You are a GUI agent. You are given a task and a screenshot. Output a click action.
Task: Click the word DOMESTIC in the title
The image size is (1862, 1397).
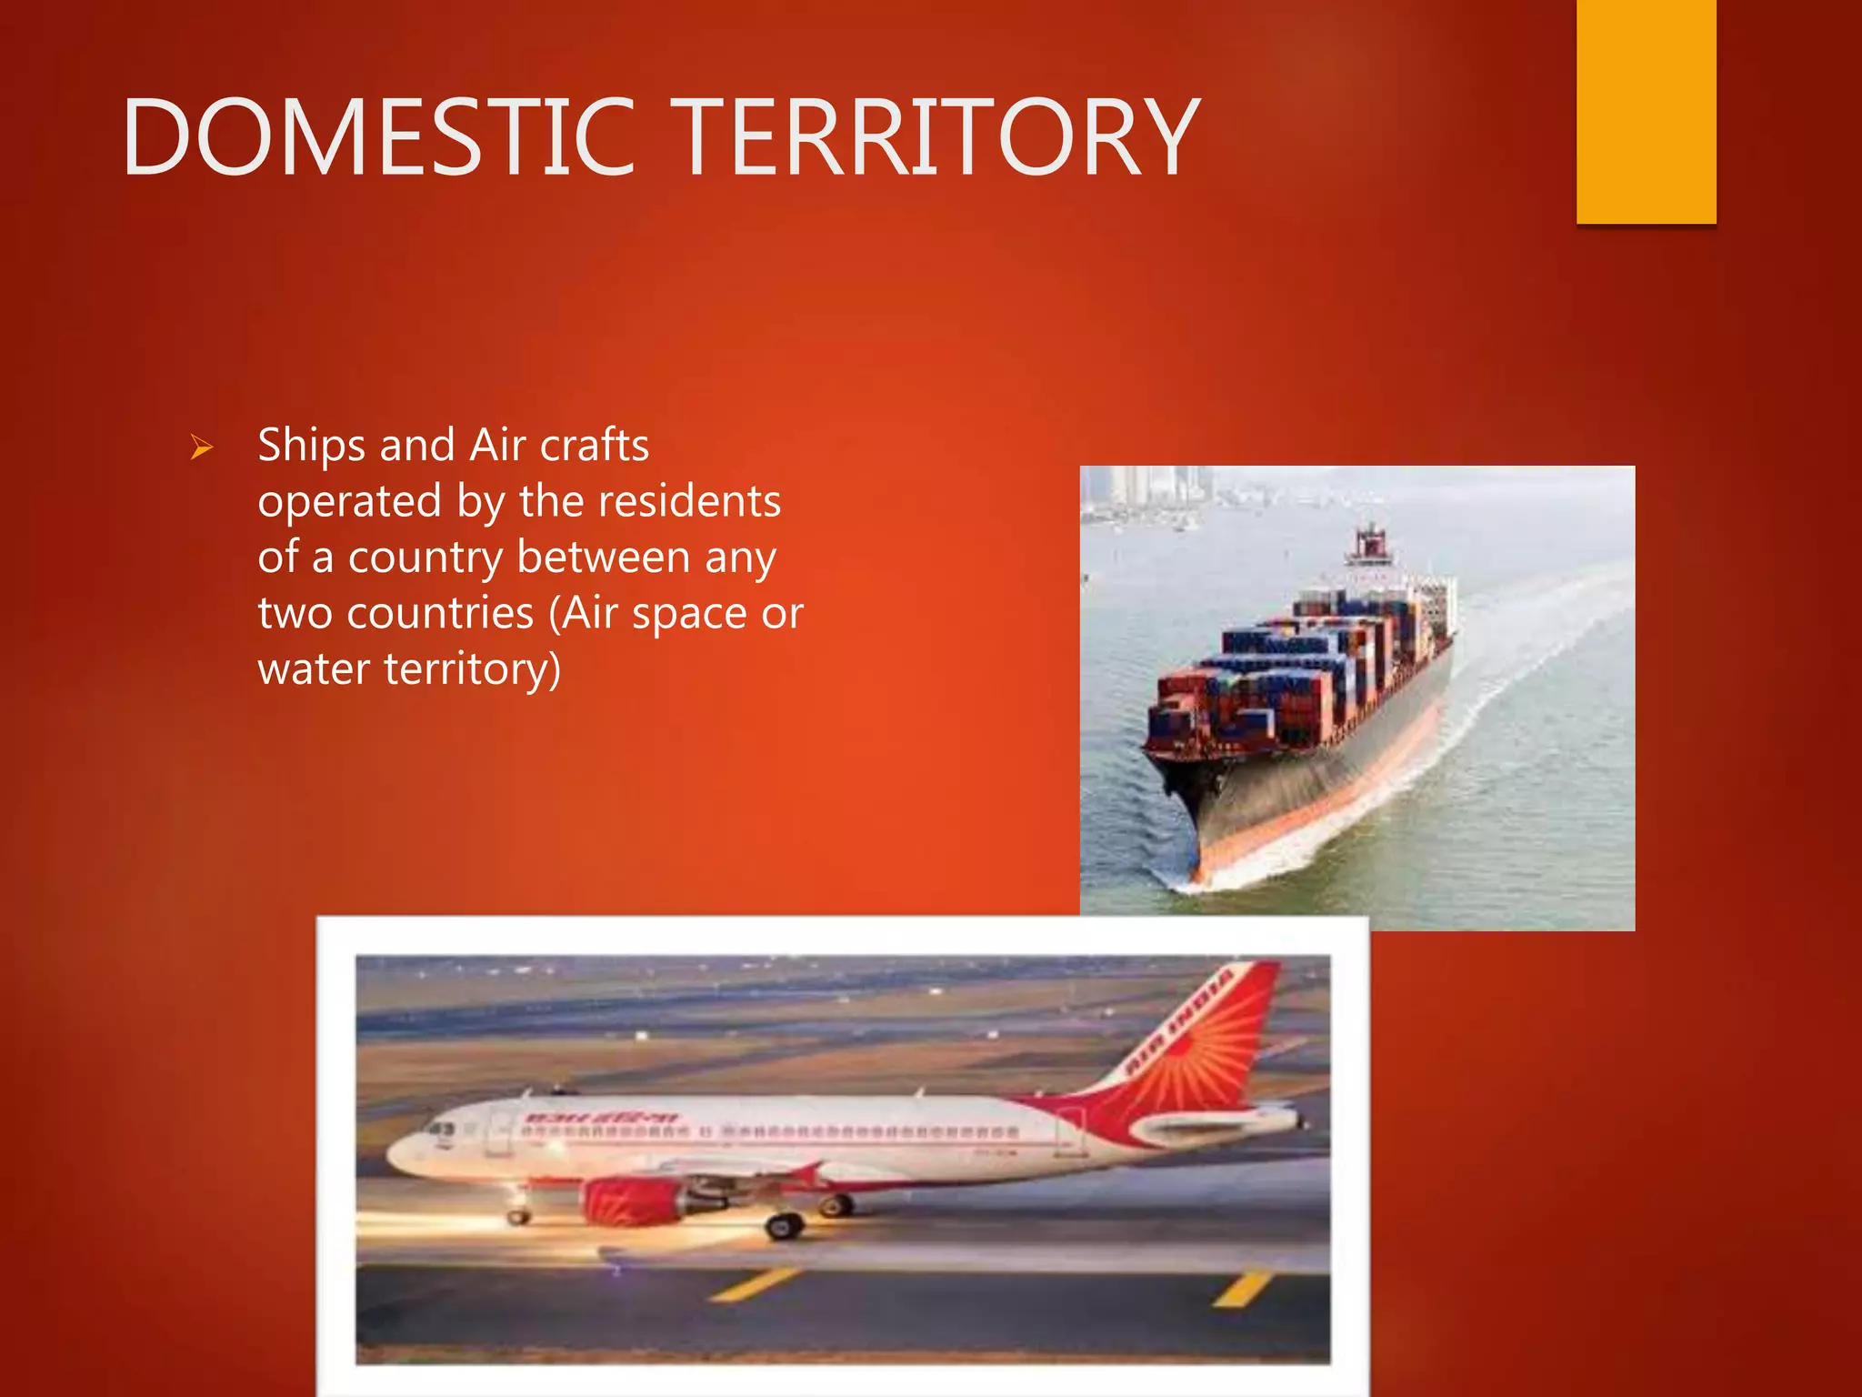tap(377, 138)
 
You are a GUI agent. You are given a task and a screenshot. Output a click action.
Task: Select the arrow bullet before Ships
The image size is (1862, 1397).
tap(202, 447)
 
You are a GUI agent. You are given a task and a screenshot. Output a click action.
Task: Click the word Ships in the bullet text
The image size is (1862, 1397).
tap(311, 447)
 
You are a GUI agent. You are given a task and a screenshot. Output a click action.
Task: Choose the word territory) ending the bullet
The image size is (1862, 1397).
tap(472, 669)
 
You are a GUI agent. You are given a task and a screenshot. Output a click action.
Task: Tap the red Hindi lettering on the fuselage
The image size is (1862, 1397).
tap(600, 1118)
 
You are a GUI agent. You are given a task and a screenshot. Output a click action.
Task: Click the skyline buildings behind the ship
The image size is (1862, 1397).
tap(1155, 487)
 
